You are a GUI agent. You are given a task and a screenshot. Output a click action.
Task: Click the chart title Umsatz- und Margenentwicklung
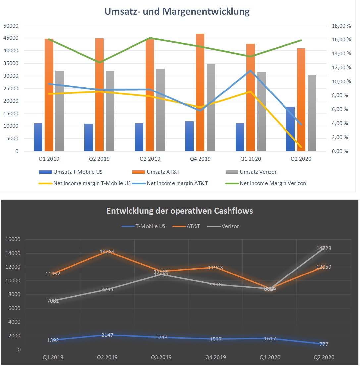tap(177, 12)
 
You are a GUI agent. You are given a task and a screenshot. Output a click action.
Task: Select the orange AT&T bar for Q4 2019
tap(200, 93)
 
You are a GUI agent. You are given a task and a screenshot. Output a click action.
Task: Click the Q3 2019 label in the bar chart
tap(150, 159)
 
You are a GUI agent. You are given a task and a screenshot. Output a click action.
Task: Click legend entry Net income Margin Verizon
tap(273, 183)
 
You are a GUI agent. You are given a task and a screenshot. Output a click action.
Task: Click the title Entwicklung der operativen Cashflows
tap(180, 211)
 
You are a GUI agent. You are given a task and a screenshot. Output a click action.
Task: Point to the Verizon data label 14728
tap(323, 248)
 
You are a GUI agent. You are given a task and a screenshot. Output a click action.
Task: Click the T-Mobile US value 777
tap(323, 344)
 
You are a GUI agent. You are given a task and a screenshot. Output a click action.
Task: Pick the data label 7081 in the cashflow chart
tap(53, 301)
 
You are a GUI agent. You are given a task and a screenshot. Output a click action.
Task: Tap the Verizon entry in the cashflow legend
tap(231, 226)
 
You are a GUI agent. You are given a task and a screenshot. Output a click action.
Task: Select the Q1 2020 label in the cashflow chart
tap(269, 357)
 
